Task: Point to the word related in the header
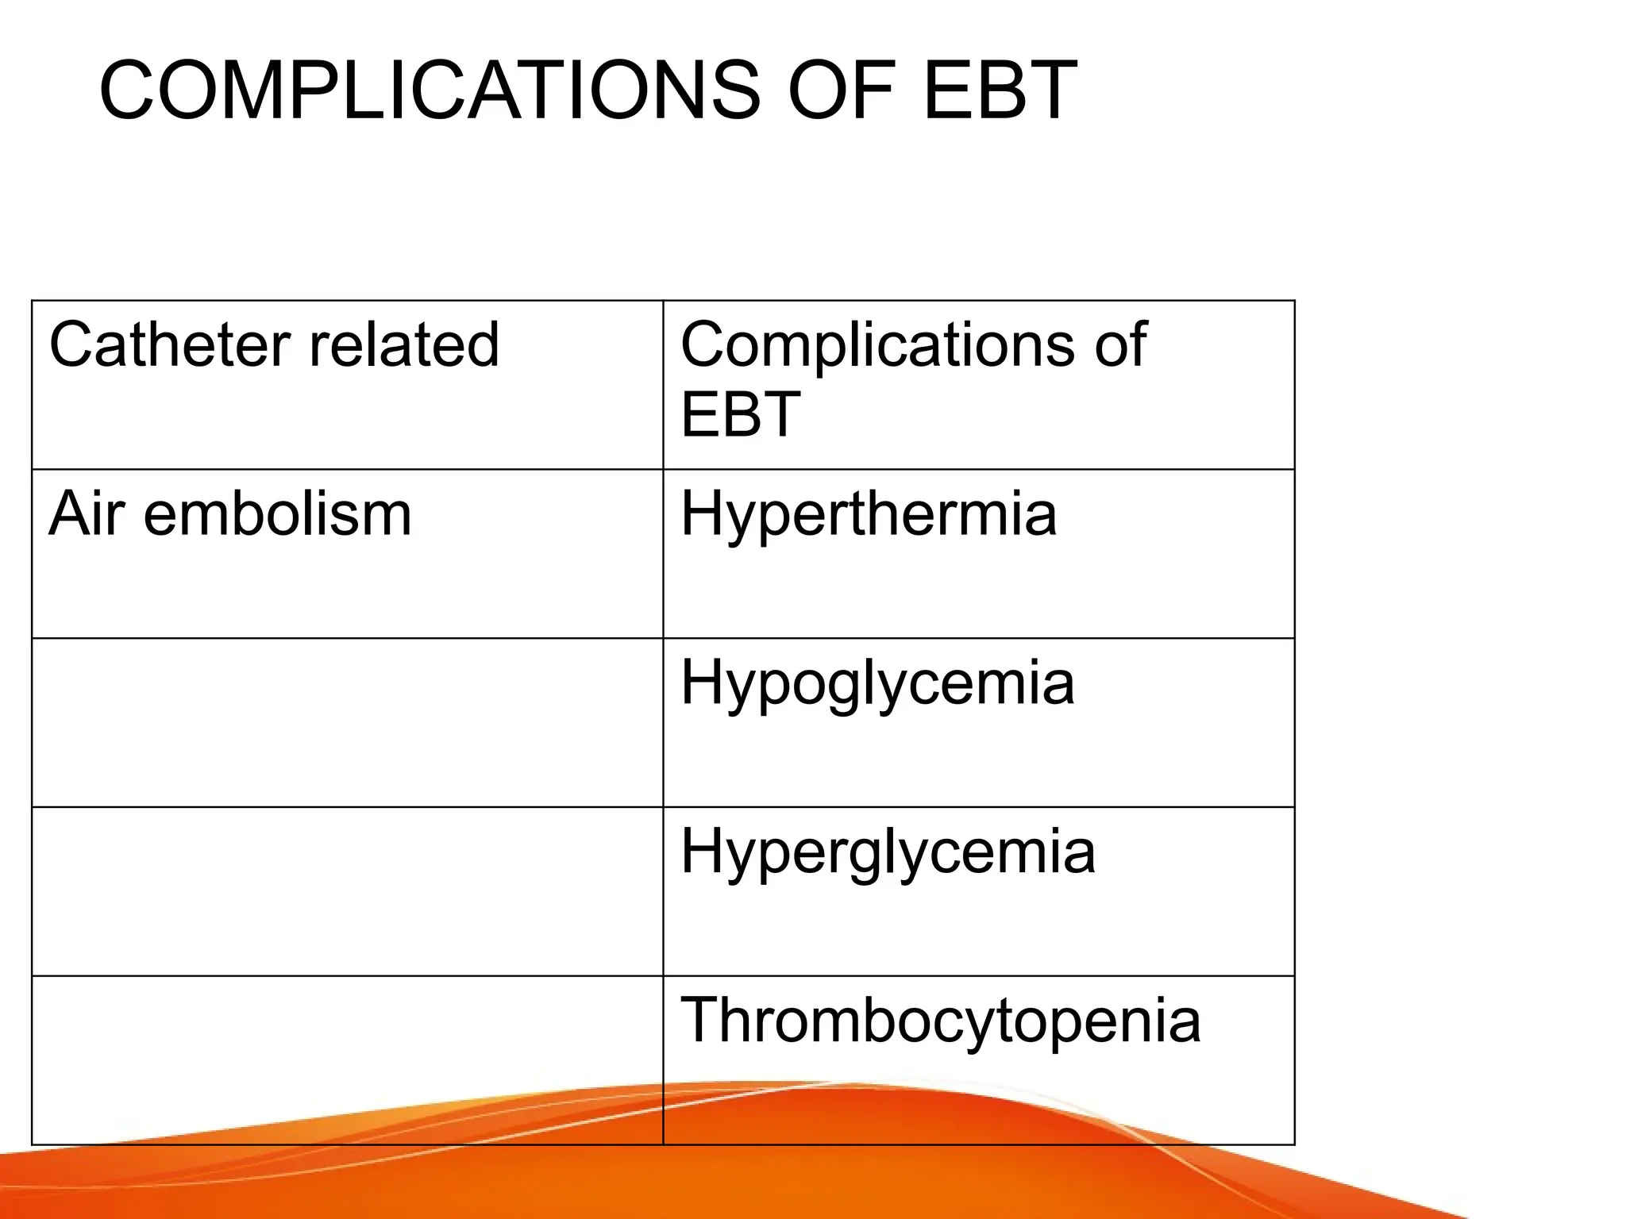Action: [x=404, y=345]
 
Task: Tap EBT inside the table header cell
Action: [x=740, y=414]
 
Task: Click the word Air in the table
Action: [x=87, y=514]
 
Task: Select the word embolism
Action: [x=278, y=514]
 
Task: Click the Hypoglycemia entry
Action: [x=877, y=684]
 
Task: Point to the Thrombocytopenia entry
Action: [x=940, y=1022]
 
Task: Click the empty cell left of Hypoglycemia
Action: [x=347, y=722]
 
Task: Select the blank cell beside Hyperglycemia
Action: [x=347, y=891]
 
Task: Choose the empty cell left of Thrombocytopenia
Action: [x=347, y=1059]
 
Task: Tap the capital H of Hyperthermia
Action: [x=702, y=514]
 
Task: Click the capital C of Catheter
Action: [x=71, y=345]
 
